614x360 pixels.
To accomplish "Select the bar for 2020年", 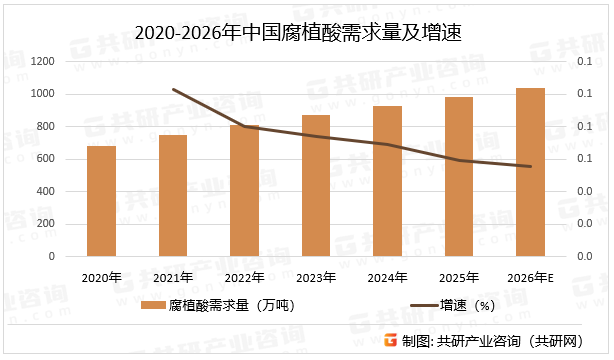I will pyautogui.click(x=101, y=201).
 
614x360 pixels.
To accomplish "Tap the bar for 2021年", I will pyautogui.click(x=173, y=196).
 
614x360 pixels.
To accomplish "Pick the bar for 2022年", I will pyautogui.click(x=245, y=191).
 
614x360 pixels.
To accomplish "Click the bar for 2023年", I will pyautogui.click(x=316, y=186).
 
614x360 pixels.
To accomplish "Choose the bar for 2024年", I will pyautogui.click(x=388, y=181).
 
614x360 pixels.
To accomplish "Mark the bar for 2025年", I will pyautogui.click(x=459, y=177).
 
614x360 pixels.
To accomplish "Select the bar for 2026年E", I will pyautogui.click(x=531, y=172).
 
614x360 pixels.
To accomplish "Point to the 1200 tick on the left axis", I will pyautogui.click(x=41, y=62).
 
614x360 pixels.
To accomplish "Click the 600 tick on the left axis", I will pyautogui.click(x=45, y=159).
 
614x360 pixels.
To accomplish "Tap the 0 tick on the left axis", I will pyautogui.click(x=51, y=257).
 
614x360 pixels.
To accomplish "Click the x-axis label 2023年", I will pyautogui.click(x=316, y=277).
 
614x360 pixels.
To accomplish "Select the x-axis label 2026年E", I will pyautogui.click(x=531, y=277).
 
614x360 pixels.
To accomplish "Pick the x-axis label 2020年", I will pyautogui.click(x=101, y=277).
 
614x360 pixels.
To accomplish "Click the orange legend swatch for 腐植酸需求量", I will pyautogui.click(x=152, y=305).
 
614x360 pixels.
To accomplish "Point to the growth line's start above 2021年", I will pyautogui.click(x=173, y=89).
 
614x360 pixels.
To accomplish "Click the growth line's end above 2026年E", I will pyautogui.click(x=531, y=166).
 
